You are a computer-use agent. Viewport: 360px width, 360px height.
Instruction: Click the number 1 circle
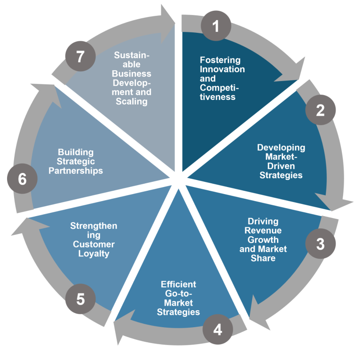(216, 26)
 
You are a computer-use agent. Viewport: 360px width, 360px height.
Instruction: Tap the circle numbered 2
(321, 110)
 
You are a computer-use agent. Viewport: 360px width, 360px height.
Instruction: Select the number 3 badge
(320, 244)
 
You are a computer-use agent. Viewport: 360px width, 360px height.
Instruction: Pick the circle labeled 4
(217, 330)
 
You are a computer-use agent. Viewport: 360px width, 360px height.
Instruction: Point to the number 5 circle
(80, 299)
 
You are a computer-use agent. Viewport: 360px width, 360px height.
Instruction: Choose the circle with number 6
(22, 179)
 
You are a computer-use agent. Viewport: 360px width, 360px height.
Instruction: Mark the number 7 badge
(80, 57)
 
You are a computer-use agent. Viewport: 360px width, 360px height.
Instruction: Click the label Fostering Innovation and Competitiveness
(222, 78)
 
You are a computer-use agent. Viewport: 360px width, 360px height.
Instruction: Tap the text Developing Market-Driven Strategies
(281, 161)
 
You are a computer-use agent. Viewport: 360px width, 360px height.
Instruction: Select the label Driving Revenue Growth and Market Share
(263, 240)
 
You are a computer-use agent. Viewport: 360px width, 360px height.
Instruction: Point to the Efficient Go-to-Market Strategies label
(178, 298)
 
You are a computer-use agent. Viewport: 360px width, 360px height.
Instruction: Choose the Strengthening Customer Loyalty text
(94, 240)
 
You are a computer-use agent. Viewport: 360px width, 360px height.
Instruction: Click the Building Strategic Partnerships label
(75, 161)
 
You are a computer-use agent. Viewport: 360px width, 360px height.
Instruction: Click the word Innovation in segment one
(222, 69)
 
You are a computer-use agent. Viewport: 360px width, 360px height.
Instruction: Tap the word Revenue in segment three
(263, 231)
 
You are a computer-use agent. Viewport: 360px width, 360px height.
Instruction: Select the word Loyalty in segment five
(94, 254)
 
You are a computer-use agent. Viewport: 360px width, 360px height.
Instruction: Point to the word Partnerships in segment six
(75, 171)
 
